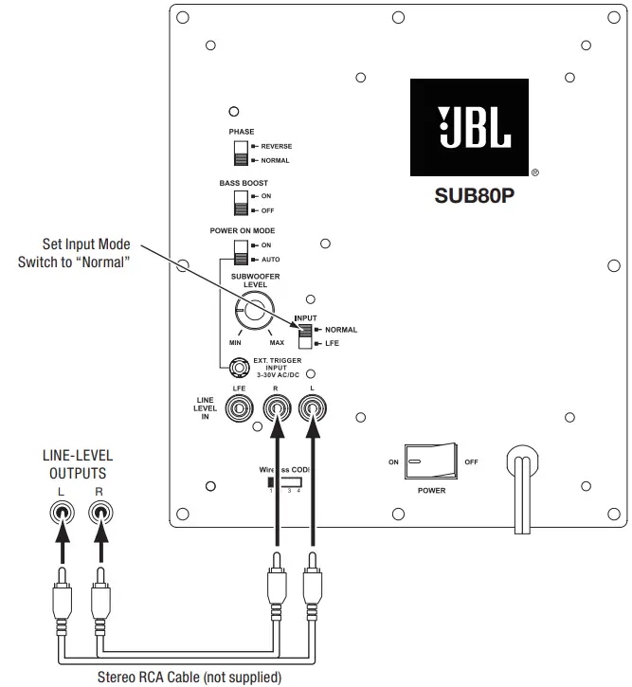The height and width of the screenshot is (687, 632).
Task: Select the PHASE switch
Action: [241, 154]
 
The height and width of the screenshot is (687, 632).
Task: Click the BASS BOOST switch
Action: [241, 203]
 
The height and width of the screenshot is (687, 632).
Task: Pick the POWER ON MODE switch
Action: [241, 251]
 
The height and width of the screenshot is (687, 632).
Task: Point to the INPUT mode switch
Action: [305, 335]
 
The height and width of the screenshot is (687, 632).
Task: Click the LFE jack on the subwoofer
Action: [241, 409]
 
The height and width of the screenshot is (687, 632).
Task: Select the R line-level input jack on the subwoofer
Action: [278, 409]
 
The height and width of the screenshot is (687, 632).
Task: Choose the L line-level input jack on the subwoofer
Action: [310, 409]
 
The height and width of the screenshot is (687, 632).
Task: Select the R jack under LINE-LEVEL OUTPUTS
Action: [99, 515]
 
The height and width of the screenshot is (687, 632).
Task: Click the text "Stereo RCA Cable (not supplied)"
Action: [190, 678]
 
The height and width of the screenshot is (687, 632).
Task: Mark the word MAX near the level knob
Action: [277, 342]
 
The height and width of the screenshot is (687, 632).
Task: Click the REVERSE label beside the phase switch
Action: [276, 146]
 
